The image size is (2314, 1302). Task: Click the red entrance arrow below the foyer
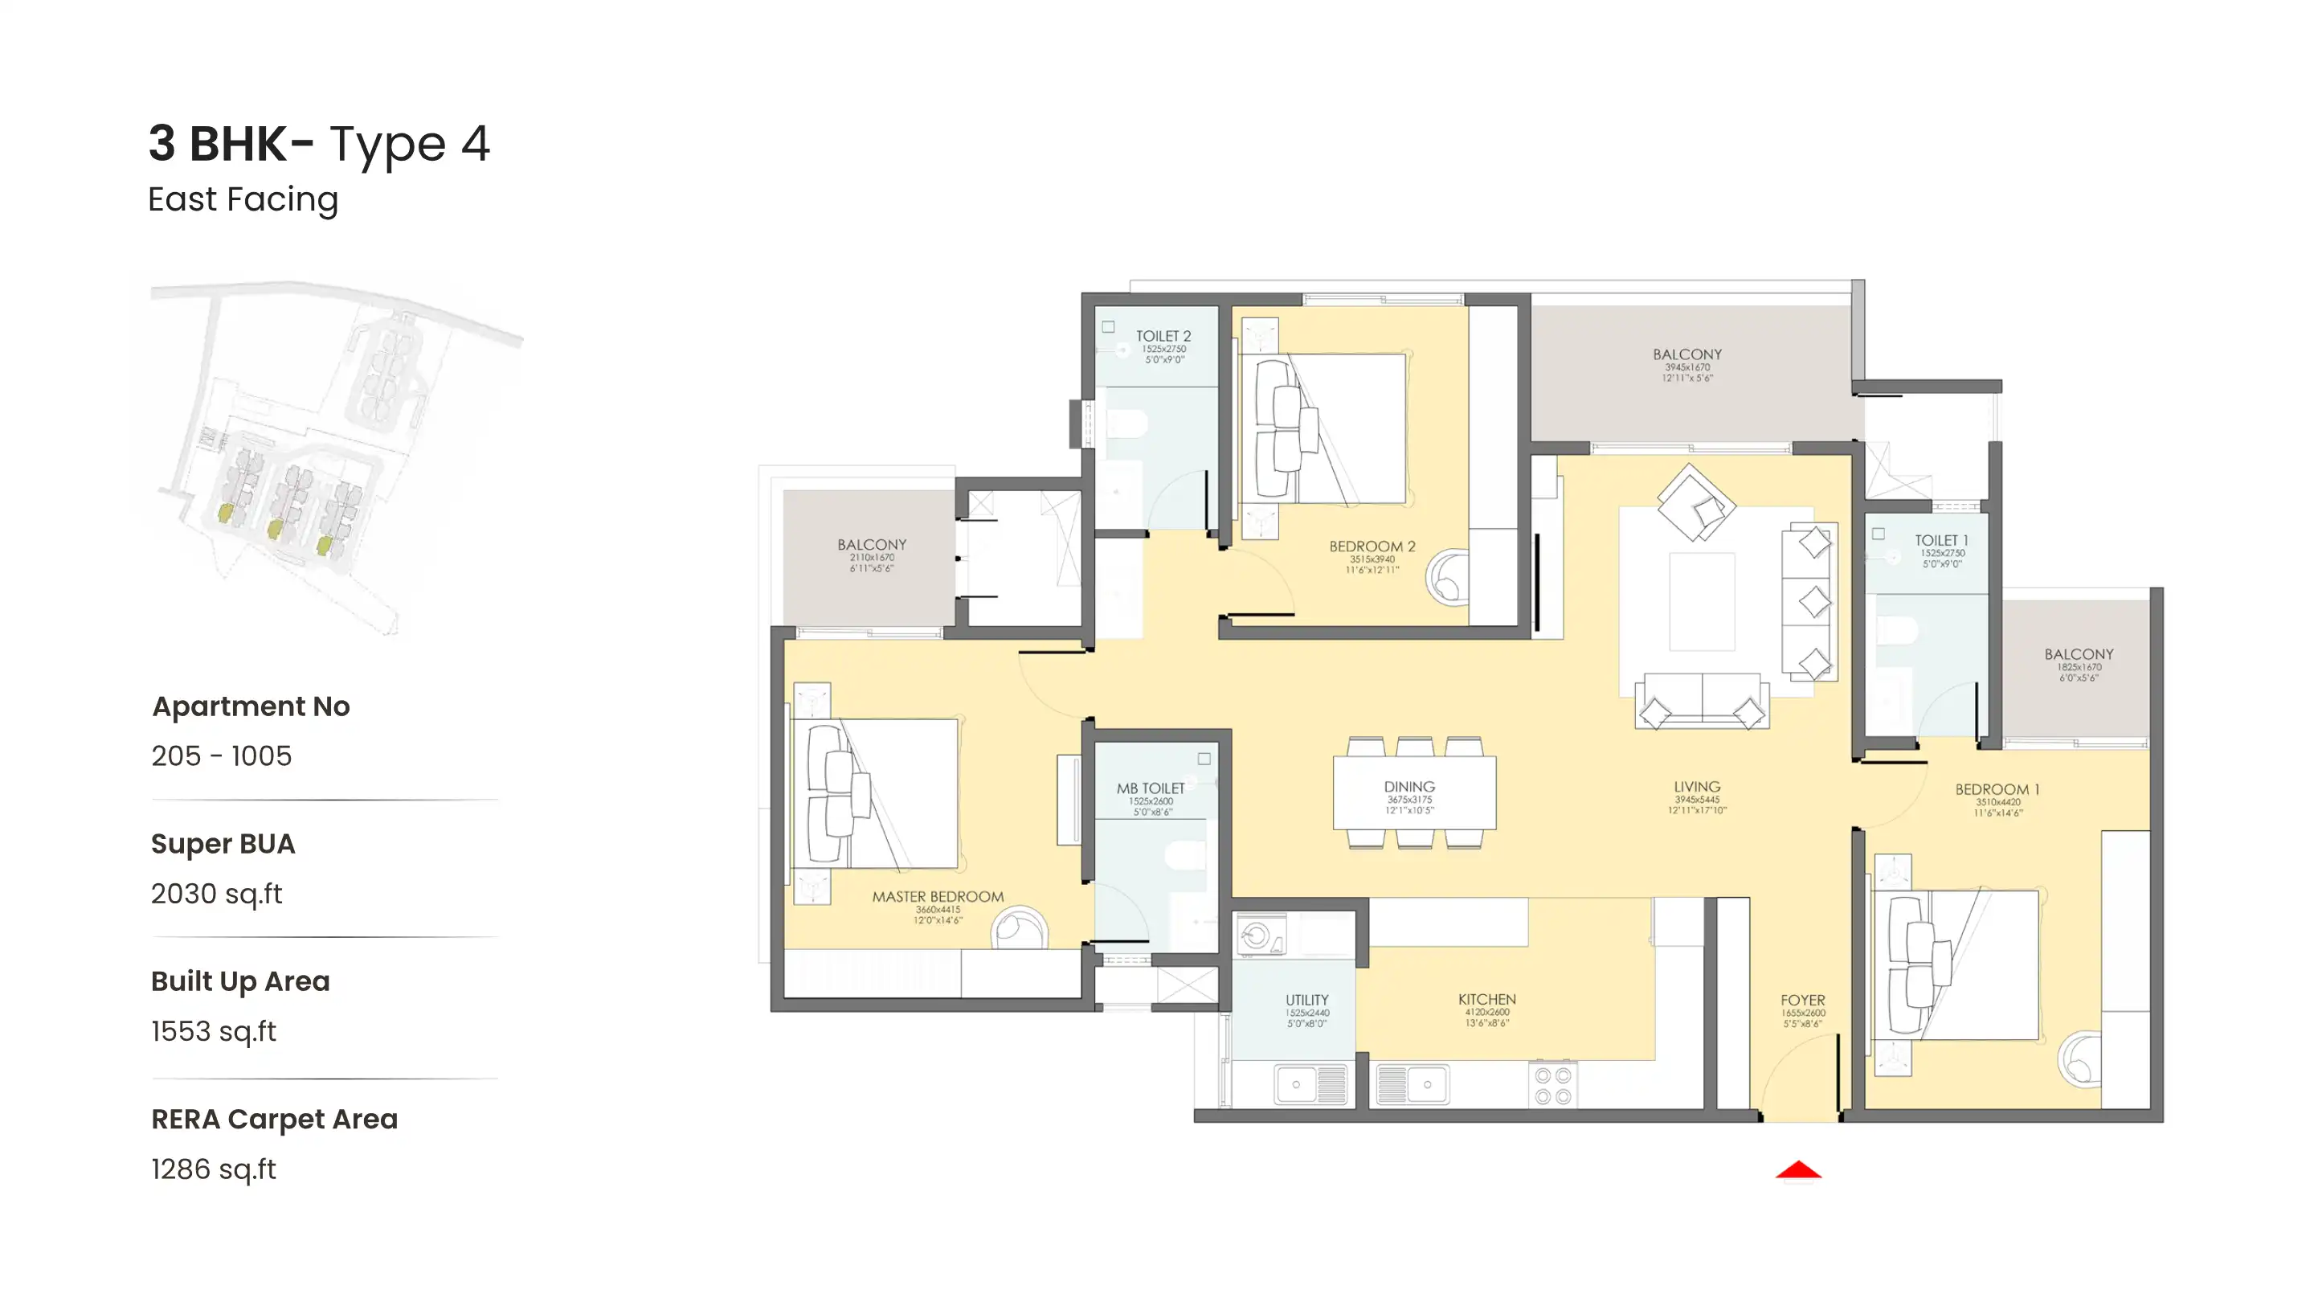pyautogui.click(x=1797, y=1170)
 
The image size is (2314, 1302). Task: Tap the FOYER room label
pyautogui.click(x=1802, y=1000)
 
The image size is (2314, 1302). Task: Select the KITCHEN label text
pyautogui.click(x=1486, y=999)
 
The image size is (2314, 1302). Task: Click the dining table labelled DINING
pyautogui.click(x=1414, y=792)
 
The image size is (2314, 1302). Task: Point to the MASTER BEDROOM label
pyautogui.click(x=938, y=897)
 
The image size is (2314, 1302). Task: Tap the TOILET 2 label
pyautogui.click(x=1163, y=336)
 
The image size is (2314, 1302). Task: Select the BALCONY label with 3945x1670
pyautogui.click(x=1687, y=355)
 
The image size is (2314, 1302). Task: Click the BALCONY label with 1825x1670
pyautogui.click(x=2079, y=654)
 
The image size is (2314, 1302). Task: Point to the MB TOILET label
pyautogui.click(x=1151, y=788)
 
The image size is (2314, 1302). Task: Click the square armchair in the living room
pyautogui.click(x=1695, y=503)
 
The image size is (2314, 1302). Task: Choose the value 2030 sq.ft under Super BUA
pyautogui.click(x=216, y=894)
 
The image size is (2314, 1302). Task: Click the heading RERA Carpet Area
pyautogui.click(x=274, y=1119)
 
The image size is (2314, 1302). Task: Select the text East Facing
pyautogui.click(x=243, y=199)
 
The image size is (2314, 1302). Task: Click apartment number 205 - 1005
pyautogui.click(x=221, y=755)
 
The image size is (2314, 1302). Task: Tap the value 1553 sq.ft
pyautogui.click(x=214, y=1031)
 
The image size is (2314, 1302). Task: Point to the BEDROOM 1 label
pyautogui.click(x=1997, y=790)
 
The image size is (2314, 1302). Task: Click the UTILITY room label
pyautogui.click(x=1306, y=1000)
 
